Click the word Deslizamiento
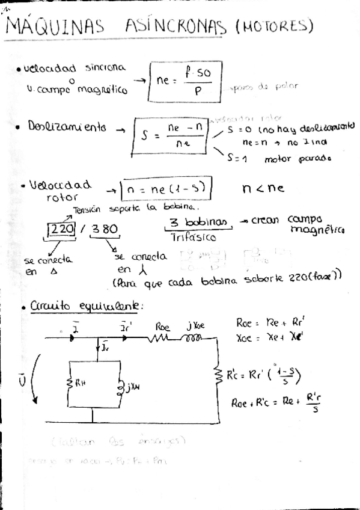(x=67, y=127)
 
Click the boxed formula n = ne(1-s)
(x=168, y=190)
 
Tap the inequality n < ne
(x=263, y=188)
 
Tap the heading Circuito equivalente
(x=86, y=306)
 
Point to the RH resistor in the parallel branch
(x=72, y=384)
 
